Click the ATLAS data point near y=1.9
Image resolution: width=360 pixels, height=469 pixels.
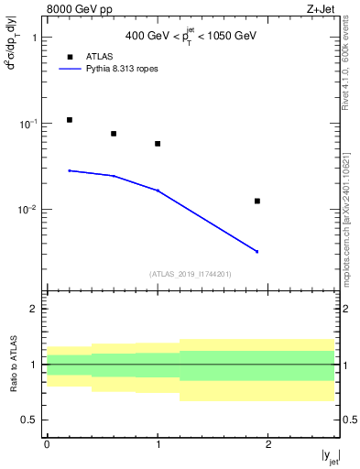(x=257, y=201)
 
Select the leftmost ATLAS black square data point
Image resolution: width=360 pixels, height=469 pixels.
(x=70, y=120)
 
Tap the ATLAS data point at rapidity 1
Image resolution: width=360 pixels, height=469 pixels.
(x=158, y=144)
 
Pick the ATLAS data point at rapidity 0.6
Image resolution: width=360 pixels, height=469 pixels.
(x=114, y=134)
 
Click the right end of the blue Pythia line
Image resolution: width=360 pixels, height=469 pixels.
(x=257, y=251)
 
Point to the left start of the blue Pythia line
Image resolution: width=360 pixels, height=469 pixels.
(x=70, y=170)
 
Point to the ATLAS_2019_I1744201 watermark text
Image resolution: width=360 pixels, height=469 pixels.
(x=190, y=273)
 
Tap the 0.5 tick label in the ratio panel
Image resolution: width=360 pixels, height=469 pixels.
(x=30, y=420)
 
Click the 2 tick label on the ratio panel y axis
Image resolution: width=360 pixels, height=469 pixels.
(x=33, y=309)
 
